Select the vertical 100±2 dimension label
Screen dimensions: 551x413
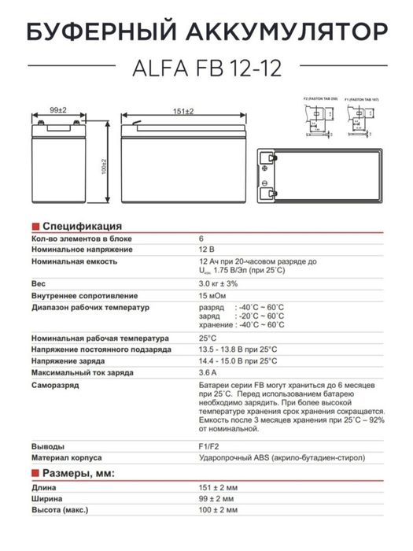(x=103, y=166)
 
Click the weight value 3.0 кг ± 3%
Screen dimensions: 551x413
(x=218, y=283)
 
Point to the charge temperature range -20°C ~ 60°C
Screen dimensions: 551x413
(x=260, y=315)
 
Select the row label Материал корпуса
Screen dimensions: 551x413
(x=71, y=457)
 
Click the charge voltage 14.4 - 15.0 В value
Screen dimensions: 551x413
(x=237, y=361)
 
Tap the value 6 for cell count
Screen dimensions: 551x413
(x=201, y=237)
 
